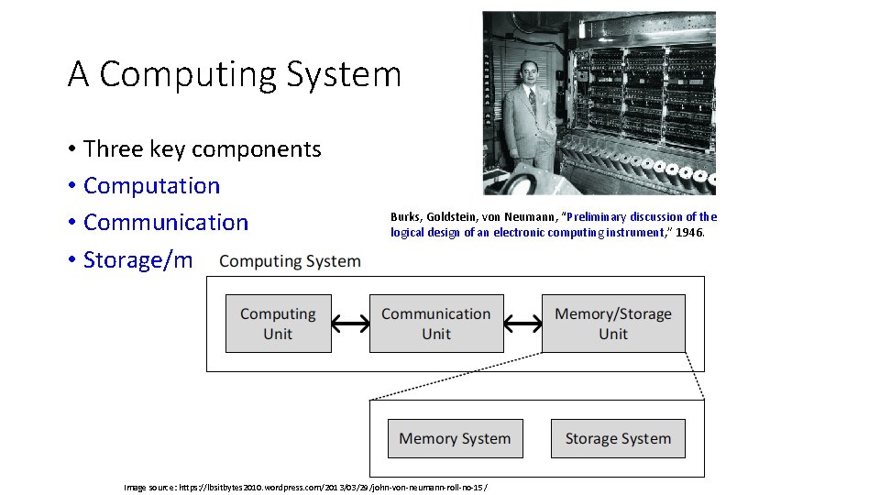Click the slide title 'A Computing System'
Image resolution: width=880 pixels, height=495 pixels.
tap(235, 74)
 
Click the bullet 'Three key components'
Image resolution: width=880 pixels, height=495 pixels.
tap(202, 148)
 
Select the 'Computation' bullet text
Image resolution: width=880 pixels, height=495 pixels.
tap(151, 185)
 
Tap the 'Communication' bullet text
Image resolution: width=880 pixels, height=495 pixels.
tap(165, 222)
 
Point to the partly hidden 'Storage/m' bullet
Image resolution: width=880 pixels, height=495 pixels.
tap(137, 259)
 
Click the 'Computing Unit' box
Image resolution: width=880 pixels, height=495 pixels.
tap(278, 324)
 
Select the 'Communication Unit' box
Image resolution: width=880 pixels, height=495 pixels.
tap(436, 324)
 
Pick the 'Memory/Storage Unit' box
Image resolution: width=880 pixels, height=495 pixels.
tap(613, 324)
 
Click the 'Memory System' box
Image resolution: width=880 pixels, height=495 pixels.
tap(455, 438)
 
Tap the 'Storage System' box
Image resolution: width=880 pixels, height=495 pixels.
tap(618, 438)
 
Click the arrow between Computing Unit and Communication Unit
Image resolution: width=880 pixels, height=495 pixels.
tap(350, 323)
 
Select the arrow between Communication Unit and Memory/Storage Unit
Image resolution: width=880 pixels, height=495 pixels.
tap(522, 323)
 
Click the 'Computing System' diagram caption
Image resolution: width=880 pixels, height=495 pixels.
tap(290, 261)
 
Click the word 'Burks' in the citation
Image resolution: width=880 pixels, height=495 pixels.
tap(404, 217)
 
